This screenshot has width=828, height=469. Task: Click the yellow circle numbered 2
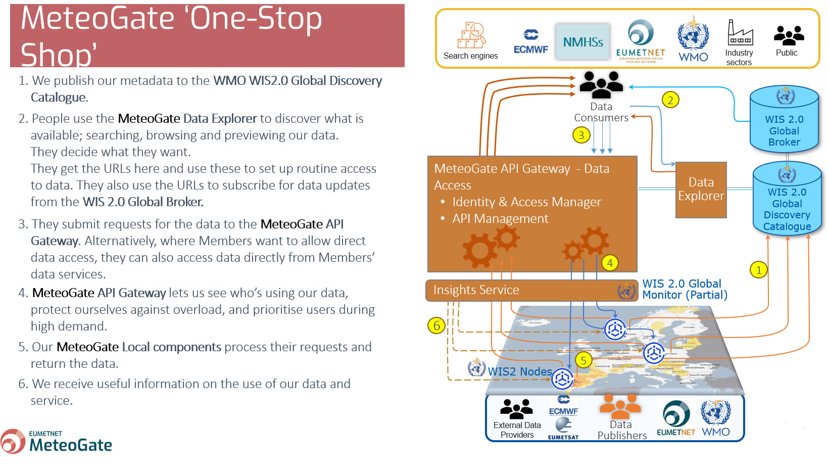click(x=670, y=100)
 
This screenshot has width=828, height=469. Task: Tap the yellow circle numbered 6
click(x=436, y=325)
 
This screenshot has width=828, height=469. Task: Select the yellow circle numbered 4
click(x=610, y=263)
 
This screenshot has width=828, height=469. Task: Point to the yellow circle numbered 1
click(x=758, y=270)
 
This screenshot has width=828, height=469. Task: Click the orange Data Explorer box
click(x=701, y=190)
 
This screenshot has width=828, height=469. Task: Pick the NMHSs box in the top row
click(x=582, y=41)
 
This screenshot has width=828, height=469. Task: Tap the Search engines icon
click(x=471, y=35)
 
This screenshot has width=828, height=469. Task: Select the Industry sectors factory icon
click(x=740, y=33)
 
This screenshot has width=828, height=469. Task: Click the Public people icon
click(x=788, y=35)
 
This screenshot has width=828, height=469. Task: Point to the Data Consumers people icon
click(x=601, y=84)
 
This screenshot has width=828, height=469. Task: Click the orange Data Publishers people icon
click(x=620, y=405)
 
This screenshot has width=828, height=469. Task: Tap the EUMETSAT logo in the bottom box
click(x=563, y=429)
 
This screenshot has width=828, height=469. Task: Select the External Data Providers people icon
click(x=516, y=409)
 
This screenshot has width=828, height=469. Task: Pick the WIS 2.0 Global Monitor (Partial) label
click(x=685, y=290)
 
